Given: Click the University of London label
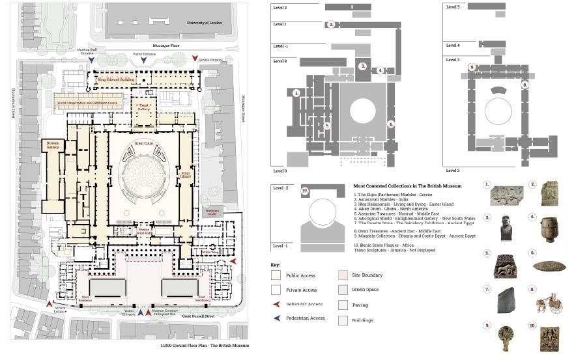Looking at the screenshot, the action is coord(204,23).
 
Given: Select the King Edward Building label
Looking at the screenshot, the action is coord(116,79).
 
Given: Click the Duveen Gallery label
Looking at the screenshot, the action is coord(53,146).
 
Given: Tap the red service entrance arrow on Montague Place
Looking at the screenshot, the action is coord(194,59).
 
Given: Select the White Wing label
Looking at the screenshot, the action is coord(210,251).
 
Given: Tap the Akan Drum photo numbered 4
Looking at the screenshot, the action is coord(549,228).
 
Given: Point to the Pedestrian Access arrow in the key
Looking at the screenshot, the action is coord(276,318).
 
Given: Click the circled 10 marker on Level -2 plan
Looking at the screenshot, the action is coord(304,191).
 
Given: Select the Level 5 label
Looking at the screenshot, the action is coord(453,7).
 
